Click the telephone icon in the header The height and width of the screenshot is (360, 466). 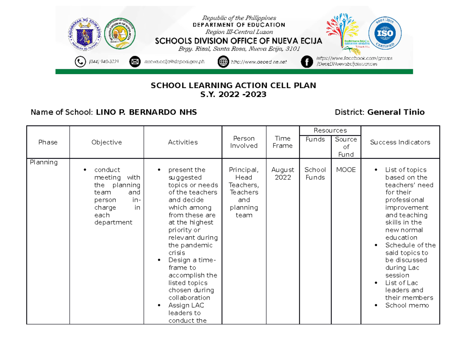pyautogui.click(x=80, y=62)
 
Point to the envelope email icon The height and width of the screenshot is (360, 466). pyautogui.click(x=135, y=62)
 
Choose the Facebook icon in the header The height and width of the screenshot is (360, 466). pyautogui.click(x=307, y=62)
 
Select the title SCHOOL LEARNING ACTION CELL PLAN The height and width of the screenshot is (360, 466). pyautogui.click(x=233, y=85)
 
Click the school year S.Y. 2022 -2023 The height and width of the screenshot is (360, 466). pyautogui.click(x=233, y=94)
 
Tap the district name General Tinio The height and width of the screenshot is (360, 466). pyautogui.click(x=396, y=113)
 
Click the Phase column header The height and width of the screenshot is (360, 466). pyautogui.click(x=48, y=142)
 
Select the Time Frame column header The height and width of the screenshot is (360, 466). pyautogui.click(x=282, y=142)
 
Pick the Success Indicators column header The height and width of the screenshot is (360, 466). pyautogui.click(x=400, y=142)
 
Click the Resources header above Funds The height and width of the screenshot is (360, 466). pyautogui.click(x=330, y=130)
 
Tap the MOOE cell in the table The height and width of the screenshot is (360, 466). pyautogui.click(x=346, y=170)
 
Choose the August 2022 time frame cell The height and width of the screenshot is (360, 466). pyautogui.click(x=282, y=174)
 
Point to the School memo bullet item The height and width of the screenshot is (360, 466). pyautogui.click(x=407, y=305)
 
